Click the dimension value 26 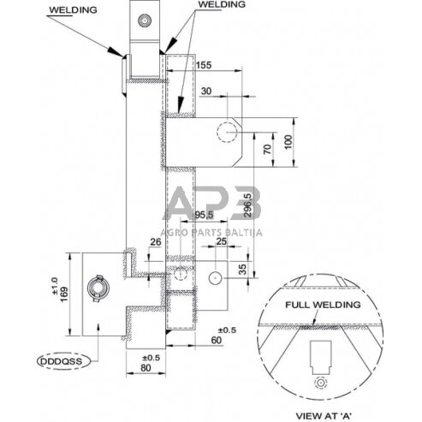click(x=154, y=243)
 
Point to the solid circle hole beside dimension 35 click(x=214, y=276)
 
